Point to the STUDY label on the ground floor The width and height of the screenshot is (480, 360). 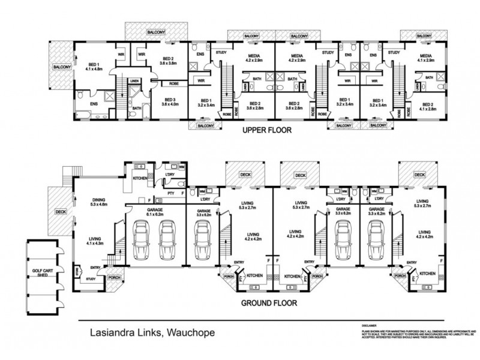[x=92, y=278]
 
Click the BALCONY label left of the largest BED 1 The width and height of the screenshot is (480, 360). [x=62, y=67]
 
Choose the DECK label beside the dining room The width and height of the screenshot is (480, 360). [x=61, y=211]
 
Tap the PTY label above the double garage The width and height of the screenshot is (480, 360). [x=171, y=193]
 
